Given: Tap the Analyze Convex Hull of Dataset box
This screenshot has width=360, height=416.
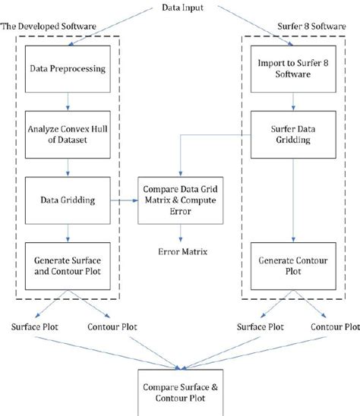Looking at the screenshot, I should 68,134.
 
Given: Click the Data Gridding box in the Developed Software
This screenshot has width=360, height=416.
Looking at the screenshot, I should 68,200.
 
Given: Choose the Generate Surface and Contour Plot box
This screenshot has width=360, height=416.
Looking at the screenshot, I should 68,266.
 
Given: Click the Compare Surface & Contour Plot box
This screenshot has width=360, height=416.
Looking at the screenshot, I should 180,390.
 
